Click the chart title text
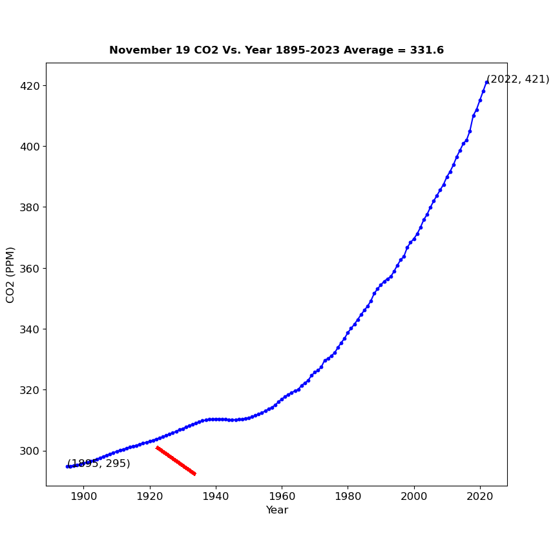click(x=276, y=50)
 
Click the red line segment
click(x=176, y=461)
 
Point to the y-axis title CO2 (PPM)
click(x=10, y=274)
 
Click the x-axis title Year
click(x=276, y=510)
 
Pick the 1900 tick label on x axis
click(x=84, y=496)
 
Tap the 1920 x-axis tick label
click(x=150, y=496)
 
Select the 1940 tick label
click(x=216, y=496)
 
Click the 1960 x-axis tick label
click(x=282, y=496)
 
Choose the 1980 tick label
click(x=348, y=496)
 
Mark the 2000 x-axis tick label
click(x=413, y=496)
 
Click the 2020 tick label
click(x=479, y=496)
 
